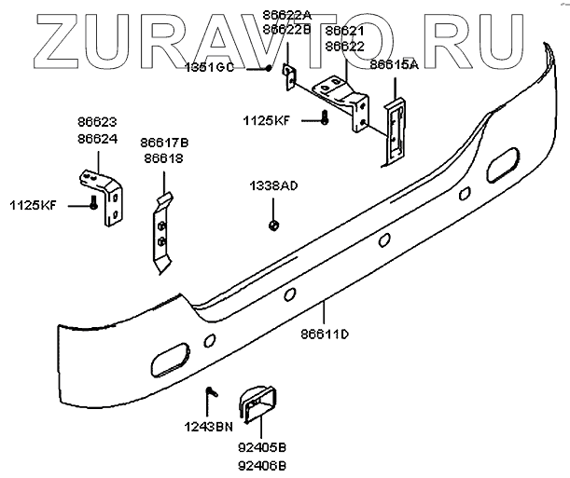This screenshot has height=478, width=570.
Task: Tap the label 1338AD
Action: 272,186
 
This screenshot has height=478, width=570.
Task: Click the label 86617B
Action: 165,142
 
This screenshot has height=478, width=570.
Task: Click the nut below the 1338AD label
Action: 272,224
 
